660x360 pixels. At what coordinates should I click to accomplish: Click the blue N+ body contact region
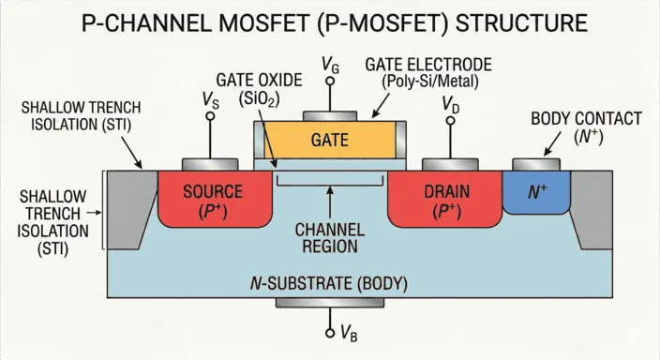(x=536, y=195)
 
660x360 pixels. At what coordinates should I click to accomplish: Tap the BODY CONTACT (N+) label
(x=585, y=127)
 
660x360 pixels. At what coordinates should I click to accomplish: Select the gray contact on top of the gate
(x=329, y=116)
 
